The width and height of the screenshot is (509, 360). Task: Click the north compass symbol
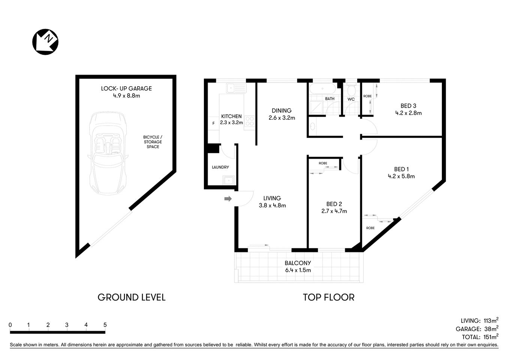[45, 42]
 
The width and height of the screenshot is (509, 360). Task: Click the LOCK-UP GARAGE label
[126, 88]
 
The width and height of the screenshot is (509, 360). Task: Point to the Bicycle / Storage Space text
[153, 142]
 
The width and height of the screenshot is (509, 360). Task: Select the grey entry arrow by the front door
[228, 199]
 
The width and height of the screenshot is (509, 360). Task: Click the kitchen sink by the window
[236, 88]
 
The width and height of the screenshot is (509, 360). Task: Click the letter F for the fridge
[213, 123]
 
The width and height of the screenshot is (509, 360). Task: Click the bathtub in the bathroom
[322, 89]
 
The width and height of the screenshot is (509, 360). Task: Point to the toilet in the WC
[351, 90]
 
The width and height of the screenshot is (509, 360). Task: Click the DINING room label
[281, 111]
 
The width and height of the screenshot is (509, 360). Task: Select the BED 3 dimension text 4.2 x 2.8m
[409, 113]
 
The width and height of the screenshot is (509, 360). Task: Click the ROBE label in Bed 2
[323, 163]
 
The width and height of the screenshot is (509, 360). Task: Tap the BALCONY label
[298, 263]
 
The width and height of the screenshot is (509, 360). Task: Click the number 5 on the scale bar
[105, 325]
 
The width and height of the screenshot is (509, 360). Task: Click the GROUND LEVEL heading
[131, 297]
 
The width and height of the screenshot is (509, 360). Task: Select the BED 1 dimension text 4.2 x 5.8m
[401, 176]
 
